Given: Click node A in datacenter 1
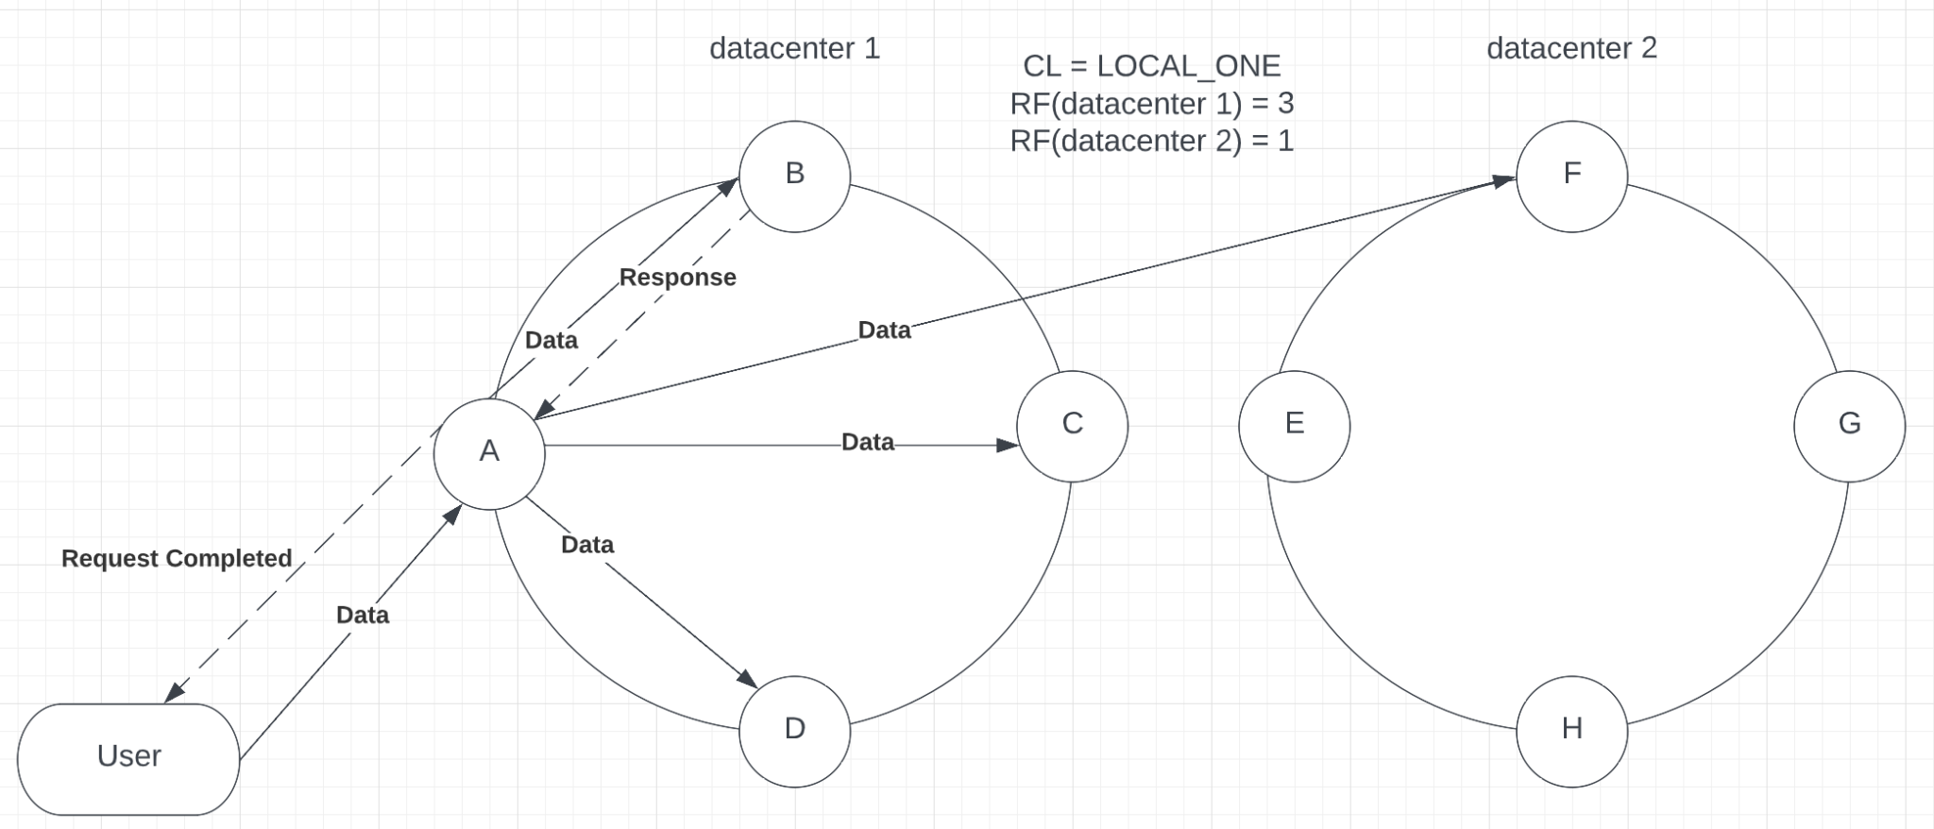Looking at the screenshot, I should point(489,453).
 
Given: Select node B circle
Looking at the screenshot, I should point(794,176).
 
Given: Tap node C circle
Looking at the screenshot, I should point(1072,426).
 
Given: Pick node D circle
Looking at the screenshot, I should point(794,731).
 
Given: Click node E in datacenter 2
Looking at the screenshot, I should point(1294,426).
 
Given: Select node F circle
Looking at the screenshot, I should point(1571,176).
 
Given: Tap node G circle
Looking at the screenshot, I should point(1849,426).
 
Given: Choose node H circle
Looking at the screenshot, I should point(1571,731).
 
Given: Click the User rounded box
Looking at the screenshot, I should point(128,758).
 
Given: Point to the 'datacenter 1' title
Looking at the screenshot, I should point(794,48).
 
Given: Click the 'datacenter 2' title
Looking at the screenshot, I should point(1571,48).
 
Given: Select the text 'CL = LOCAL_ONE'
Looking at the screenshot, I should point(1151,66).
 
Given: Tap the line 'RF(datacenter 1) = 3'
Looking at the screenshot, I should point(1151,103).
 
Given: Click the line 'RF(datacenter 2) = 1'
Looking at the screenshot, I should point(1151,141).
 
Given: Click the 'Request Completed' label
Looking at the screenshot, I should point(177,558).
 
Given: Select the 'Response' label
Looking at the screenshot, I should point(677,278).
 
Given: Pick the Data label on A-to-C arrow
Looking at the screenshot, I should point(867,442).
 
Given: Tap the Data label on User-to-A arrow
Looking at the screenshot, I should point(363,615).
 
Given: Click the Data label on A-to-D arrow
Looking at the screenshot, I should point(587,545).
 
